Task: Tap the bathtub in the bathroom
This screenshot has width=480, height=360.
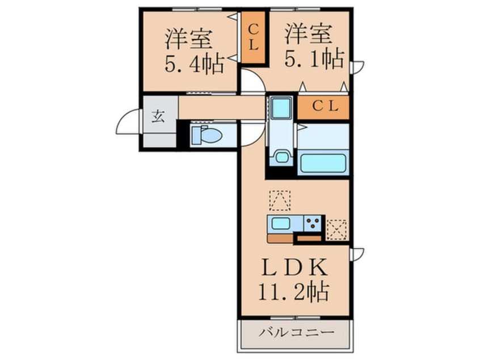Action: pos(323,162)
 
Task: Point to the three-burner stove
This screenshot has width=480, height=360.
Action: pos(313,224)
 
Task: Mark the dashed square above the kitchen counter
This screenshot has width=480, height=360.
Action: pos(279,200)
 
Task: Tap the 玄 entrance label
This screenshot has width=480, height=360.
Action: pos(158,118)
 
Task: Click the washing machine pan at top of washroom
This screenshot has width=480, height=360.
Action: pos(280,107)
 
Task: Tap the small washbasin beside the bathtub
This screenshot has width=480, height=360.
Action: pos(280,155)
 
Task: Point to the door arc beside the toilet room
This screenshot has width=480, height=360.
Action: pos(250,132)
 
